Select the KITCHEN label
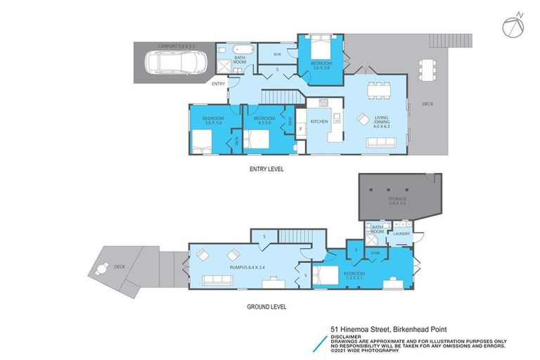click(x=320, y=122)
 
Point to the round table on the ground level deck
click(x=104, y=268)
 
